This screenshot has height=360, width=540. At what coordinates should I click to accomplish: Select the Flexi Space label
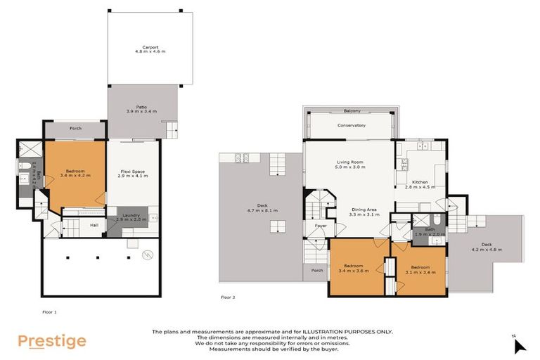(x=132, y=171)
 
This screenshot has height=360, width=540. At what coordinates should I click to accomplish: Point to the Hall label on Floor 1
(x=94, y=226)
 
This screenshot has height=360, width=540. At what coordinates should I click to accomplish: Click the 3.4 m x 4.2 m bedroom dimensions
(x=75, y=176)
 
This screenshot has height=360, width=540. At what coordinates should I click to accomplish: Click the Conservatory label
(x=351, y=125)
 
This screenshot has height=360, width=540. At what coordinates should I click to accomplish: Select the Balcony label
(x=352, y=110)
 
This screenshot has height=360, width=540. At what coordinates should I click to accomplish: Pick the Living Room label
(x=348, y=162)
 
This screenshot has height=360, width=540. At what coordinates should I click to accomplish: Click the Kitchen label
(x=420, y=182)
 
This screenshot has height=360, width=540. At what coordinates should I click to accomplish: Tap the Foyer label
(x=321, y=226)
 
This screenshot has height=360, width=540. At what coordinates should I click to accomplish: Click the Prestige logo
(x=52, y=342)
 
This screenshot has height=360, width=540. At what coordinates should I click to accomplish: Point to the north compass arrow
(x=519, y=346)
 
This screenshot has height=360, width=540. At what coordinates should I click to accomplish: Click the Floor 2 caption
(x=228, y=297)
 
